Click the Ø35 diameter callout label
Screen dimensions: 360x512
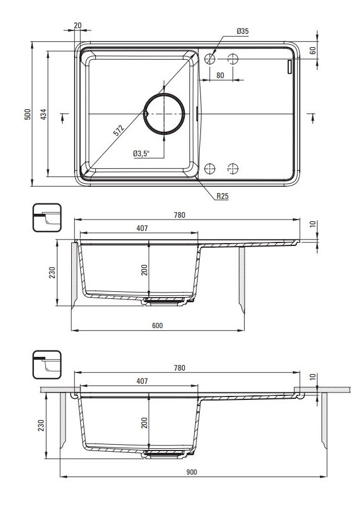coord(242,32)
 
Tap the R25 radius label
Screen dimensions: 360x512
coord(223,197)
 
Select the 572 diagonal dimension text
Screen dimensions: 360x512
coord(119,130)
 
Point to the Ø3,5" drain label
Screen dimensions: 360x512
coord(141,153)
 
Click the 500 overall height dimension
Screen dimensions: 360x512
coord(28,114)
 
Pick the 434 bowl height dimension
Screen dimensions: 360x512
coord(44,114)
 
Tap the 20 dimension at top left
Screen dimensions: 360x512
coord(78,25)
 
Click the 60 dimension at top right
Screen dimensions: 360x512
coord(313,51)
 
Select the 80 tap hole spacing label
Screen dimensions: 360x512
coord(220,75)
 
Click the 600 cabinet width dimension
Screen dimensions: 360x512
coord(157,326)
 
